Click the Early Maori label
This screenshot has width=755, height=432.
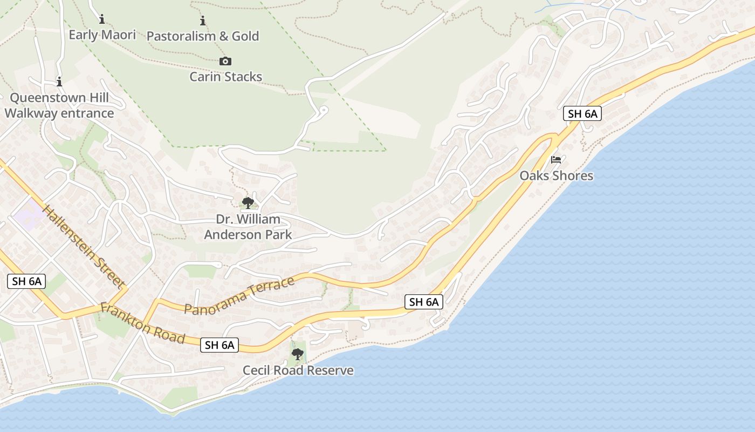pyautogui.click(x=102, y=35)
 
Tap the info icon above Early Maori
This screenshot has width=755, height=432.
pyautogui.click(x=102, y=19)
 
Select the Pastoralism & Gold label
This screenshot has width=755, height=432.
pyautogui.click(x=203, y=36)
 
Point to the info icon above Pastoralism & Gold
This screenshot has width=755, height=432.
pyautogui.click(x=203, y=21)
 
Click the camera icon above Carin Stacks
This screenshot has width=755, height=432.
pyautogui.click(x=225, y=62)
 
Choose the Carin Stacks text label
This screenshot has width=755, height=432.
pyautogui.click(x=225, y=77)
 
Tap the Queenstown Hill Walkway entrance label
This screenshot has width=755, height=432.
pyautogui.click(x=59, y=105)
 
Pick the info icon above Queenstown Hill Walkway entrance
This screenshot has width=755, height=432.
pyautogui.click(x=59, y=82)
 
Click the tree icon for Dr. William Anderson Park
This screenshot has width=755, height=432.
pyautogui.click(x=248, y=203)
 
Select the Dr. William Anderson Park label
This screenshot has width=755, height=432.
pyautogui.click(x=248, y=227)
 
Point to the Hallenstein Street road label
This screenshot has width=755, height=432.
pyautogui.click(x=84, y=246)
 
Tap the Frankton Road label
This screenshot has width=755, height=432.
pyautogui.click(x=143, y=323)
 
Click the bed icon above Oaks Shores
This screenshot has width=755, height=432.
pyautogui.click(x=556, y=160)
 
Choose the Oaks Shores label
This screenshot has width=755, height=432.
pyautogui.click(x=556, y=175)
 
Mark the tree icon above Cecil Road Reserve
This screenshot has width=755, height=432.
pyautogui.click(x=297, y=354)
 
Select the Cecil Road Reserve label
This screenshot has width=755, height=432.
pyautogui.click(x=298, y=370)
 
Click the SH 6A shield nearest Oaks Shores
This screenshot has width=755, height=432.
pyautogui.click(x=582, y=113)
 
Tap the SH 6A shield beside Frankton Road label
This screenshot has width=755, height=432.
pyautogui.click(x=219, y=345)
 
